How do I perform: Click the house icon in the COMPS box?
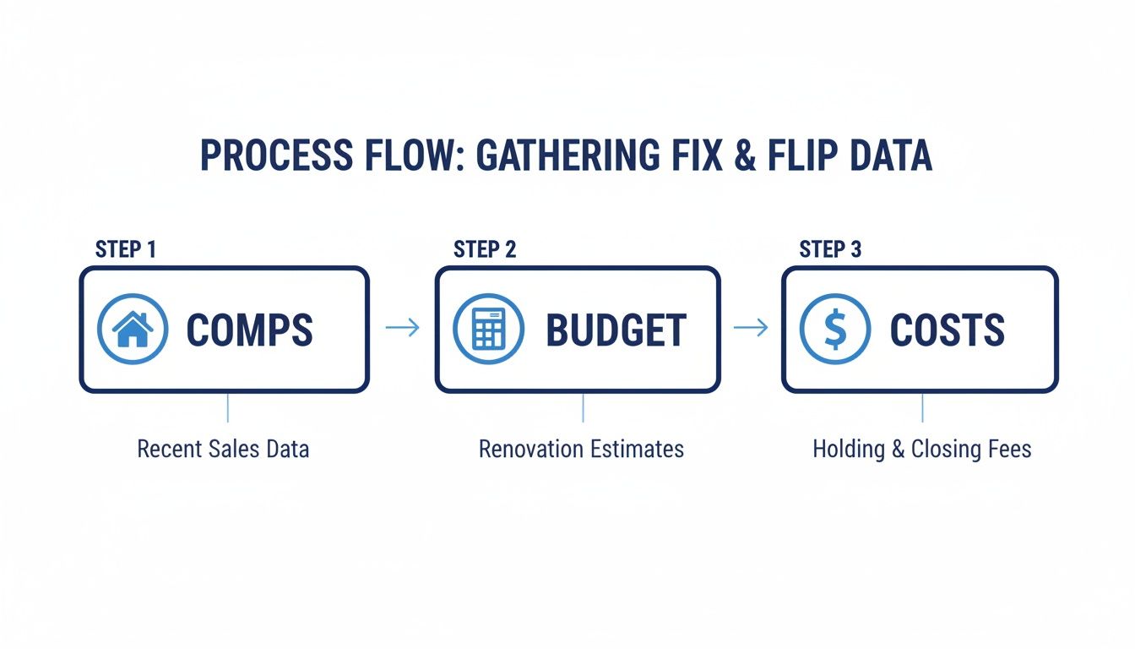(133, 329)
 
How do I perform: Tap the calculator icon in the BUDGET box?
(489, 329)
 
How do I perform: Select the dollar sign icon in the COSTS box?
(834, 329)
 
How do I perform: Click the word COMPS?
(249, 330)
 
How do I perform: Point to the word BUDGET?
(616, 330)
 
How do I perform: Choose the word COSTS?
(948, 330)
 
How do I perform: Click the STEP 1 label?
(126, 249)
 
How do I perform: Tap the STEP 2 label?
(485, 249)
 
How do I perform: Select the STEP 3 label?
(831, 249)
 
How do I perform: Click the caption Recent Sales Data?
(223, 449)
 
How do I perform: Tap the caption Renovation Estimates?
(581, 449)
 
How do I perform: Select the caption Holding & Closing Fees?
(922, 449)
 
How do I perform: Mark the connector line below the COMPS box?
(227, 407)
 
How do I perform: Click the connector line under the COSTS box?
(922, 407)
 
